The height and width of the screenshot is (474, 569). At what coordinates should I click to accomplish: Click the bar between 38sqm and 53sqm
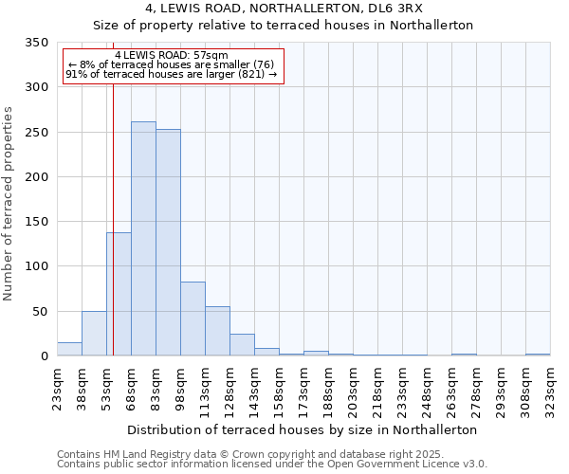pos(94,334)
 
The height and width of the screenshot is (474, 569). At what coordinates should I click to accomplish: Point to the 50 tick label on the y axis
pos(40,311)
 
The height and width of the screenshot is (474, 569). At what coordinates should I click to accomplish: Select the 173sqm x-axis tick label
pos(304,389)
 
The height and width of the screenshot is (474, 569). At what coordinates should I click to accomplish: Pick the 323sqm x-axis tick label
pos(551,389)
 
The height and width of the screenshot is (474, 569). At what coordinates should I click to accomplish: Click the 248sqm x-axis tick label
pos(428,389)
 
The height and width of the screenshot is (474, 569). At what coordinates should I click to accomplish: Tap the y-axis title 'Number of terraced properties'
pos(9,203)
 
